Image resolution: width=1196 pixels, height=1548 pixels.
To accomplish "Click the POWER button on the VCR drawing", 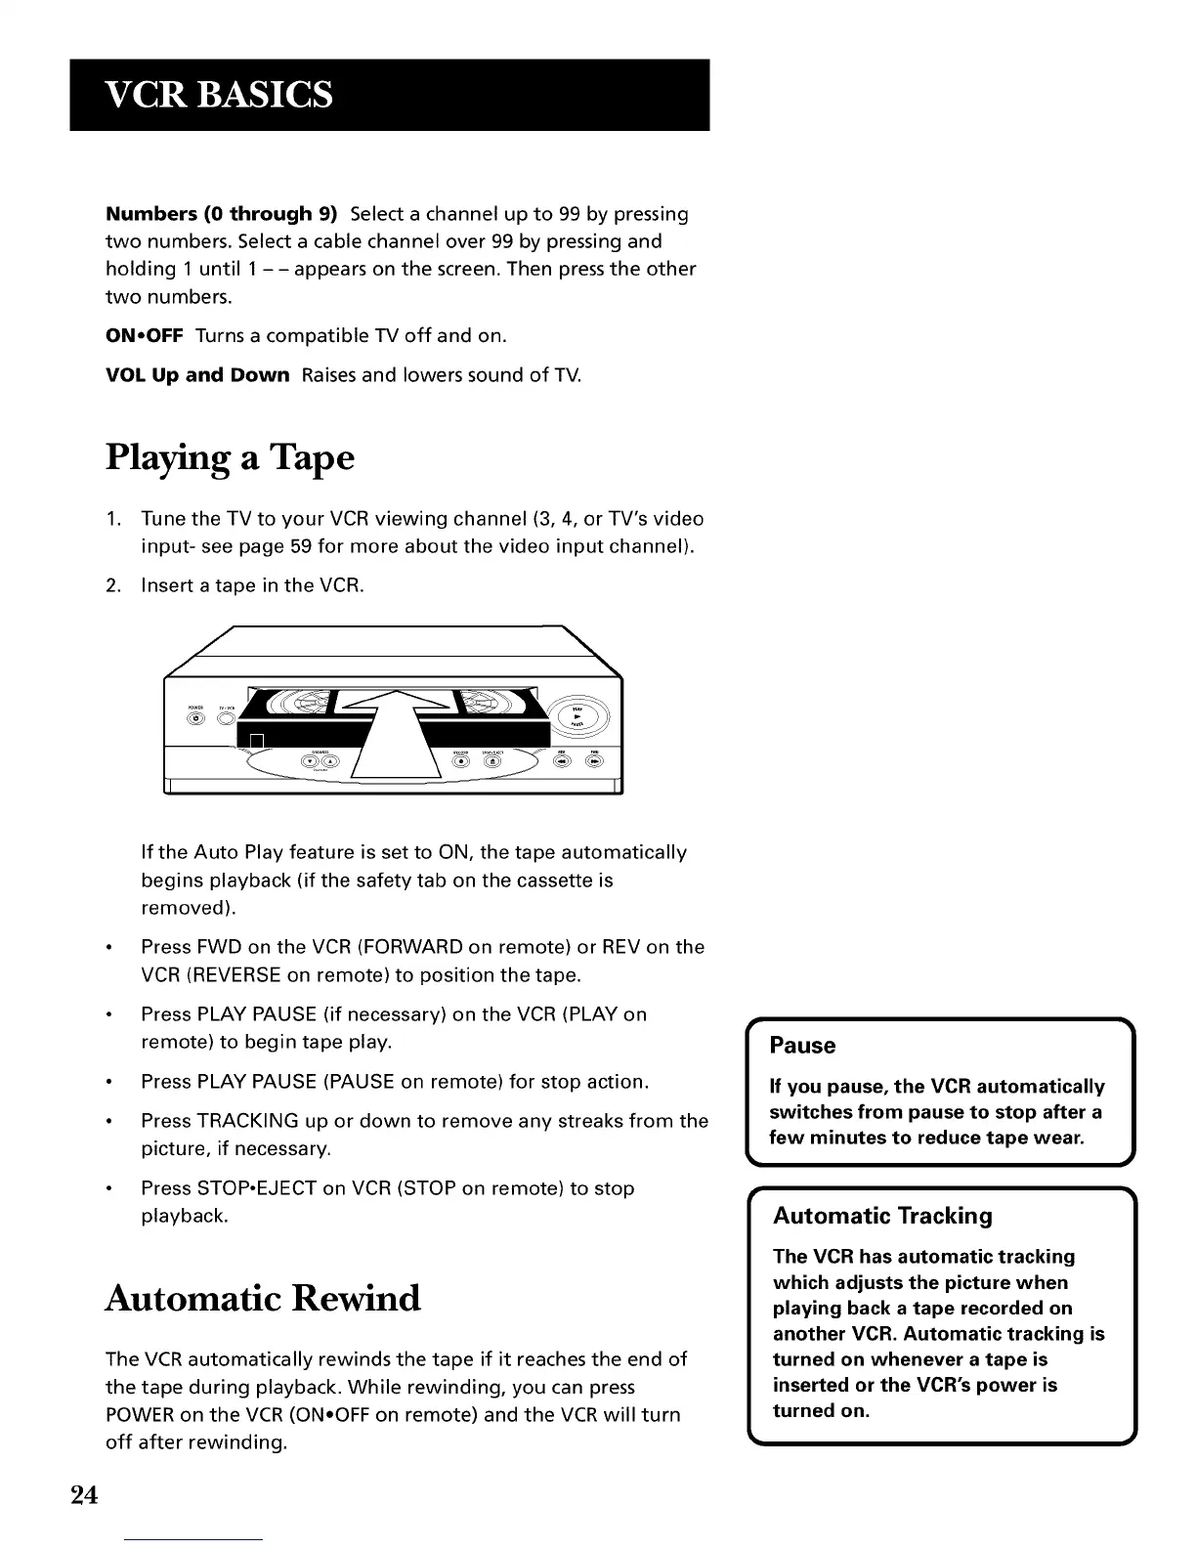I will click(195, 719).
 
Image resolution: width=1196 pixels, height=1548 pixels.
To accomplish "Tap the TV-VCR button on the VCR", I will click(227, 719).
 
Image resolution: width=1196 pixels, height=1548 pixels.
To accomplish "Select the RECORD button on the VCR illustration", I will click(460, 763).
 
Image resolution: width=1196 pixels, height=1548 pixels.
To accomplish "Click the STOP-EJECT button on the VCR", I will click(491, 763).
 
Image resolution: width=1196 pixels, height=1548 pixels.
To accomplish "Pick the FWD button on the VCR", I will click(594, 763).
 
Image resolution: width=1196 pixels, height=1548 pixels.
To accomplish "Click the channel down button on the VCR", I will click(312, 762).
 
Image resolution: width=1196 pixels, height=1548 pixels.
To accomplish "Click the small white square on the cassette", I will click(257, 740).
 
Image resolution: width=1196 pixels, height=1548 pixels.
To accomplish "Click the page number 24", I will click(84, 1495).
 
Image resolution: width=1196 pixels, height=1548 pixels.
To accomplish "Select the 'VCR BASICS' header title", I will click(220, 95).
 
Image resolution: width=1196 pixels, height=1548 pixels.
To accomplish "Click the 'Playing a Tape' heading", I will click(230, 457).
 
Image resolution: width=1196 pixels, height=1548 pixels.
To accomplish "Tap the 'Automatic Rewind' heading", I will click(263, 1298).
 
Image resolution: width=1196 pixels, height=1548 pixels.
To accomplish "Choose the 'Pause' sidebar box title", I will click(802, 1046).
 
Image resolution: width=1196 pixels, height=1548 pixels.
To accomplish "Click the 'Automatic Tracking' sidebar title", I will click(882, 1216).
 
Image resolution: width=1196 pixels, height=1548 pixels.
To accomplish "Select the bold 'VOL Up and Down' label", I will click(197, 375).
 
